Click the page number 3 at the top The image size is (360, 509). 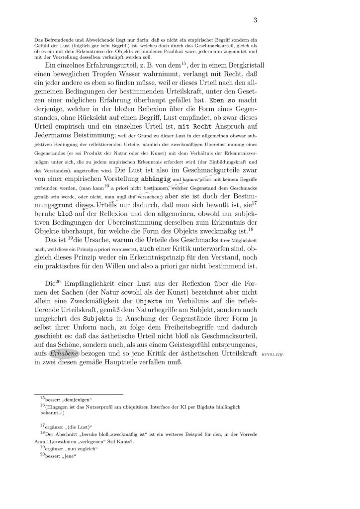255,20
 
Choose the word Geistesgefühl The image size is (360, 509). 184,343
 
